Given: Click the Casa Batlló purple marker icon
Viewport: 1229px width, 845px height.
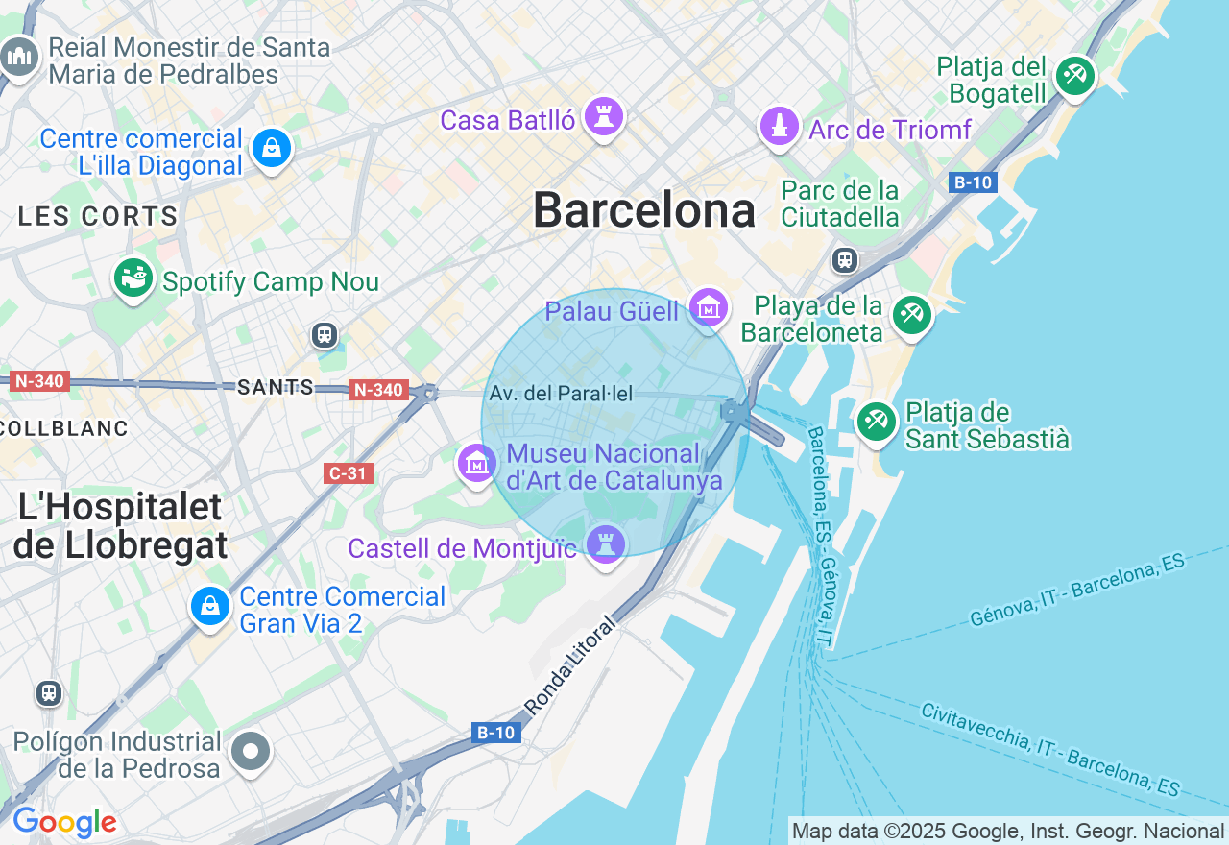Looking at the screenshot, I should pyautogui.click(x=604, y=118).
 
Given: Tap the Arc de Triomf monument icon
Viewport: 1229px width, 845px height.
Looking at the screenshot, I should pyautogui.click(x=779, y=127).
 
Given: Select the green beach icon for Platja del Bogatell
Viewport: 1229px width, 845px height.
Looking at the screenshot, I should pyautogui.click(x=1074, y=77).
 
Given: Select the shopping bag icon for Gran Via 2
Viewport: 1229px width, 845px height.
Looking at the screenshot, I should pyautogui.click(x=209, y=607).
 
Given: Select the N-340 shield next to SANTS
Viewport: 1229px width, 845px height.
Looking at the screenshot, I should pyautogui.click(x=377, y=390).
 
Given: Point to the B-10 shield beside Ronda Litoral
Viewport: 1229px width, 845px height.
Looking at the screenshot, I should pyautogui.click(x=496, y=733).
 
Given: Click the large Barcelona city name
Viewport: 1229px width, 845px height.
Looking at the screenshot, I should pyautogui.click(x=643, y=210).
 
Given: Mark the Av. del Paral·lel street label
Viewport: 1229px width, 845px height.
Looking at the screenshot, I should pyautogui.click(x=561, y=394).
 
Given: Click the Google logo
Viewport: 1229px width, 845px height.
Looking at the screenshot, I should pyautogui.click(x=64, y=823).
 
